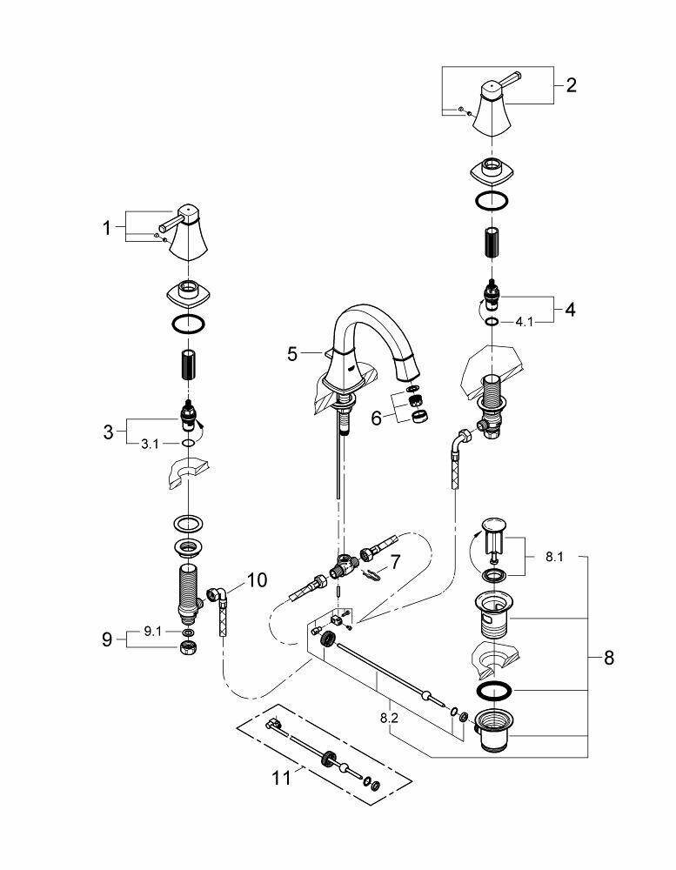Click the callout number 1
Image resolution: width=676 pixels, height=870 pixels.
(x=107, y=228)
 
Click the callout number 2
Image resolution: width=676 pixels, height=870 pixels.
(x=571, y=85)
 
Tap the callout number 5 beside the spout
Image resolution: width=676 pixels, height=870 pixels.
(x=293, y=354)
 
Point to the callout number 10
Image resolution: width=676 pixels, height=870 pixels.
(x=258, y=579)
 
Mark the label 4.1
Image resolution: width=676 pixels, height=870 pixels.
(x=525, y=321)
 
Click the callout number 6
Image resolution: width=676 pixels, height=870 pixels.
(x=376, y=418)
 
